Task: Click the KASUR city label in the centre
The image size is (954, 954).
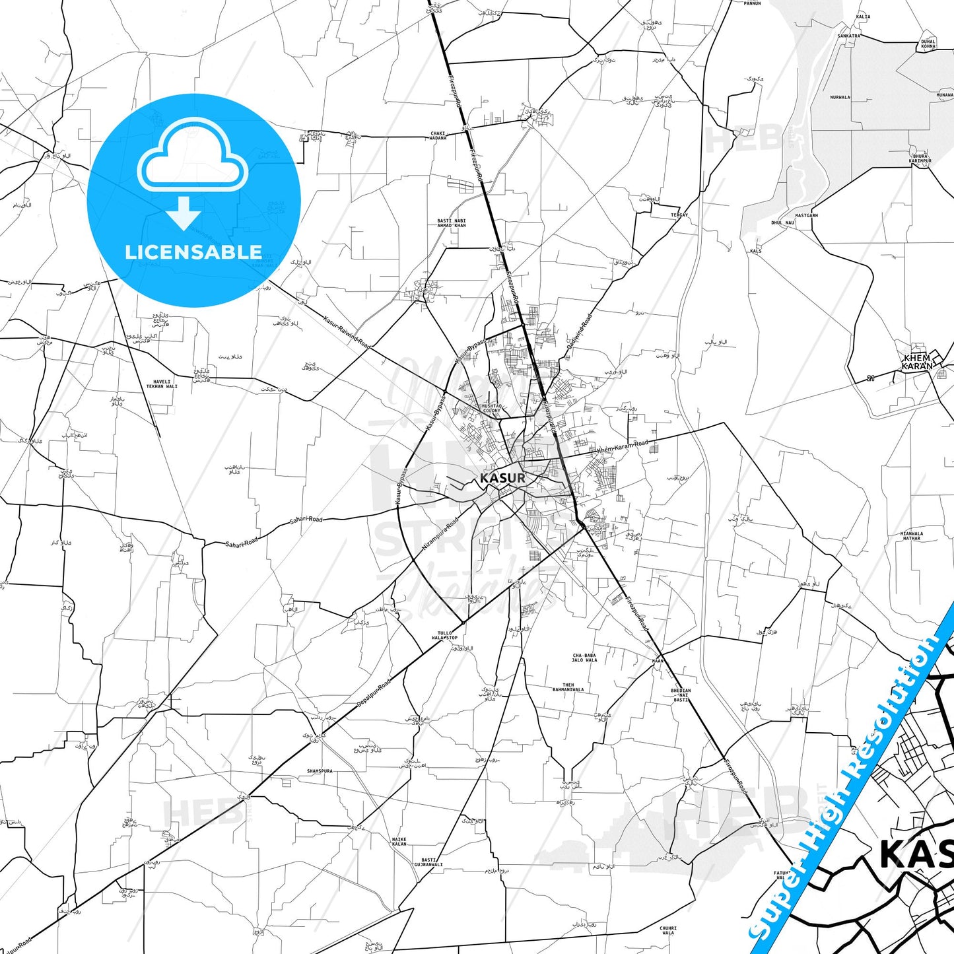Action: [x=503, y=477]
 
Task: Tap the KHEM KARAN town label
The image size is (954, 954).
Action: [x=918, y=362]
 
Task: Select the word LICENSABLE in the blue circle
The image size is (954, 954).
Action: [x=193, y=252]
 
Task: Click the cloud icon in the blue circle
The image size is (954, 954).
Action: [x=193, y=157]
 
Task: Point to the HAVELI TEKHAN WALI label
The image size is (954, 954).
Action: [x=162, y=384]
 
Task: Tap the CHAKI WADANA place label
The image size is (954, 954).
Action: [x=438, y=135]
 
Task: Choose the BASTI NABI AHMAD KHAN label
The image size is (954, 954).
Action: [x=452, y=223]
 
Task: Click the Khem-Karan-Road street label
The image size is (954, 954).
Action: [x=623, y=447]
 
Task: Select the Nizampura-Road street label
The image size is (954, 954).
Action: [x=440, y=534]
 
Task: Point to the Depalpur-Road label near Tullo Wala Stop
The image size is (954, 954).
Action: [x=374, y=693]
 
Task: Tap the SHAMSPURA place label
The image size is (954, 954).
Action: [x=320, y=771]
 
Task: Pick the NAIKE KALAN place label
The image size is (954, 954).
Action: [x=399, y=842]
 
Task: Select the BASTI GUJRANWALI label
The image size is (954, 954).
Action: [x=428, y=862]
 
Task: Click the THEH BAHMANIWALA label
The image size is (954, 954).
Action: [x=568, y=687]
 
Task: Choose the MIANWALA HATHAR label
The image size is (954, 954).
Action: [x=912, y=536]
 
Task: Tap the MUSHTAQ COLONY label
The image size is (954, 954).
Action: [x=492, y=409]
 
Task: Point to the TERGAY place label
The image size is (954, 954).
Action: [x=679, y=215]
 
